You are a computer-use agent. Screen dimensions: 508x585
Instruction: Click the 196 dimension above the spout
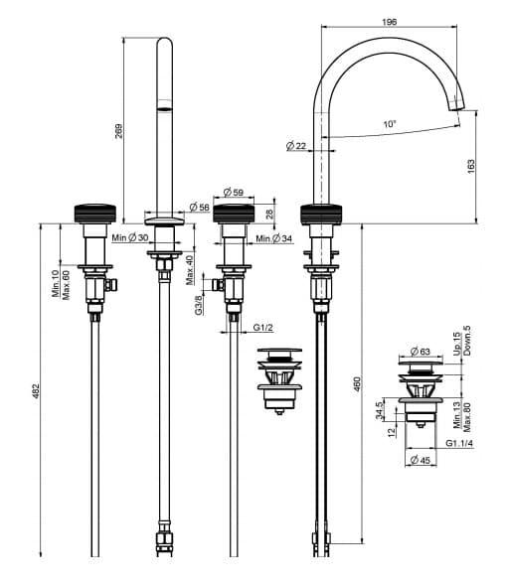tap(390, 22)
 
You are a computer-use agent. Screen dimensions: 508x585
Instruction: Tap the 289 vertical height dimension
tap(118, 131)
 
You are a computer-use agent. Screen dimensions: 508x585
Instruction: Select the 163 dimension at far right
tap(471, 166)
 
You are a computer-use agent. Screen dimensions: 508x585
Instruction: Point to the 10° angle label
tap(390, 123)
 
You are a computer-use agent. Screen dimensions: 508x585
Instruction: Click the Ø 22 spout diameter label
tap(296, 146)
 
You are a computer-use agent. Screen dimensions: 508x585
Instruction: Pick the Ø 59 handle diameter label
tap(234, 192)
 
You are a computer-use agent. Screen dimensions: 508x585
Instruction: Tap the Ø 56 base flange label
tap(200, 207)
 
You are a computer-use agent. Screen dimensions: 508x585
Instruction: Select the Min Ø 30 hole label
tap(130, 237)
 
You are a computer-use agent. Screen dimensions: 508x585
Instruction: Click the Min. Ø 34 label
tap(274, 238)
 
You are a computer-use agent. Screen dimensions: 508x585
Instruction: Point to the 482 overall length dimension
tap(36, 390)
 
